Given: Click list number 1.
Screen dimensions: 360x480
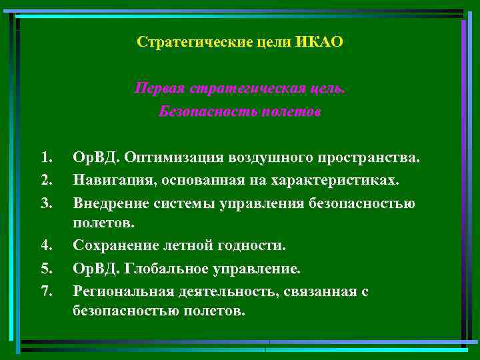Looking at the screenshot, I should [45, 158].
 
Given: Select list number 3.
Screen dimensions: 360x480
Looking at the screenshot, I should [45, 203].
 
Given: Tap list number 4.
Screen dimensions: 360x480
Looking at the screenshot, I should [45, 246].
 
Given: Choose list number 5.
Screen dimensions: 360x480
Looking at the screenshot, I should [45, 269].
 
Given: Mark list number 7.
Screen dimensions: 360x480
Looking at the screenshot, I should [45, 291].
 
